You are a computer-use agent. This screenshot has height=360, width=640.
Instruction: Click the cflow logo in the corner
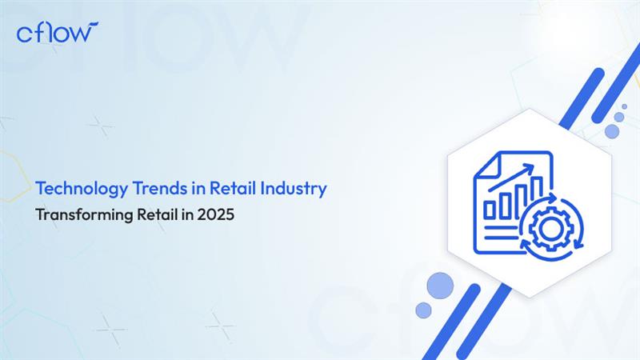57,32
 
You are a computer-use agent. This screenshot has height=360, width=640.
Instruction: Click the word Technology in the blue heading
82,189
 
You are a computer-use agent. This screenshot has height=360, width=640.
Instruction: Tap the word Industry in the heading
294,189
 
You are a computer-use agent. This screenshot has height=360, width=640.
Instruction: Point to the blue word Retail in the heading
233,188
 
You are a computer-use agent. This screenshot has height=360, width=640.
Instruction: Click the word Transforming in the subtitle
84,214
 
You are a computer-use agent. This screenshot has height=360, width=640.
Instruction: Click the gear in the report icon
550,229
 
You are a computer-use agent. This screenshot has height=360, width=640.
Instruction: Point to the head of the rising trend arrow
529,168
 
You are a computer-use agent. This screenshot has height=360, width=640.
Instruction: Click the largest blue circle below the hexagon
440,286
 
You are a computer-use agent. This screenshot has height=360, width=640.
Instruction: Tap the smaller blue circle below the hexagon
423,310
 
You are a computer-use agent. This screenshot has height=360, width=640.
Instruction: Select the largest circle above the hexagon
612,131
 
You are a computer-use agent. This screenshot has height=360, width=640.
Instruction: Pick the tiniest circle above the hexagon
624,106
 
